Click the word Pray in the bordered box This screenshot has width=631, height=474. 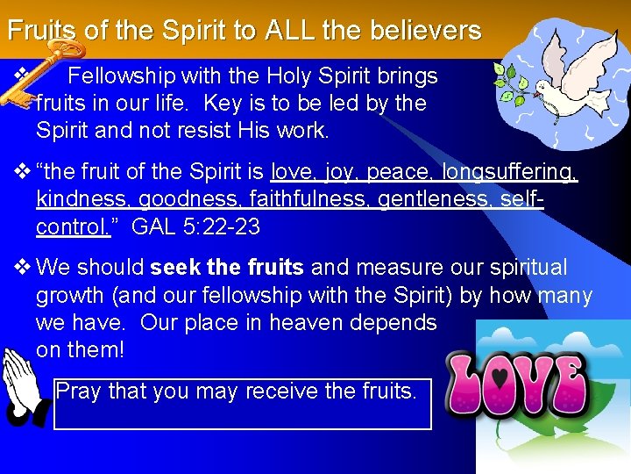coord(78,392)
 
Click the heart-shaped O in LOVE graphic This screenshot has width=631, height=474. coord(501,384)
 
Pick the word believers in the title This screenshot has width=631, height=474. coord(428,32)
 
